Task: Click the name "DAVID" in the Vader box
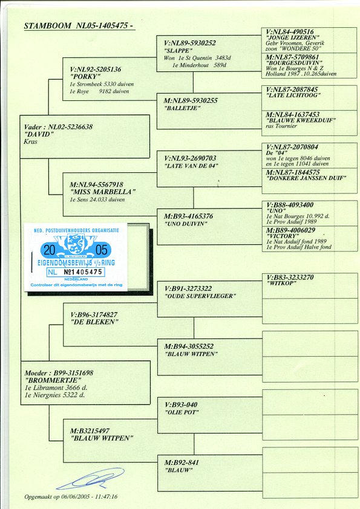(x=38, y=134)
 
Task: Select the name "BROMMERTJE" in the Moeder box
(x=52, y=380)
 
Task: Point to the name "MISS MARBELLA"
(x=102, y=192)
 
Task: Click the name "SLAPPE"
(x=178, y=51)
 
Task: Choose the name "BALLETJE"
(x=183, y=108)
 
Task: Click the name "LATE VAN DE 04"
(x=191, y=166)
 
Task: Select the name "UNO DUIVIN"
(x=186, y=224)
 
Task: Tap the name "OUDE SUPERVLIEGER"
(x=199, y=296)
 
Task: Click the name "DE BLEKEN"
(x=94, y=322)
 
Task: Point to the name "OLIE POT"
(x=182, y=412)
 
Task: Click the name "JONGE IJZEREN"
(x=293, y=37)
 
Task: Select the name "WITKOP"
(x=281, y=283)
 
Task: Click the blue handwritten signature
(x=90, y=479)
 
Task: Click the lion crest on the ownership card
(x=76, y=244)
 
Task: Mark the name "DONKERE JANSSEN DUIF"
(x=306, y=178)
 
